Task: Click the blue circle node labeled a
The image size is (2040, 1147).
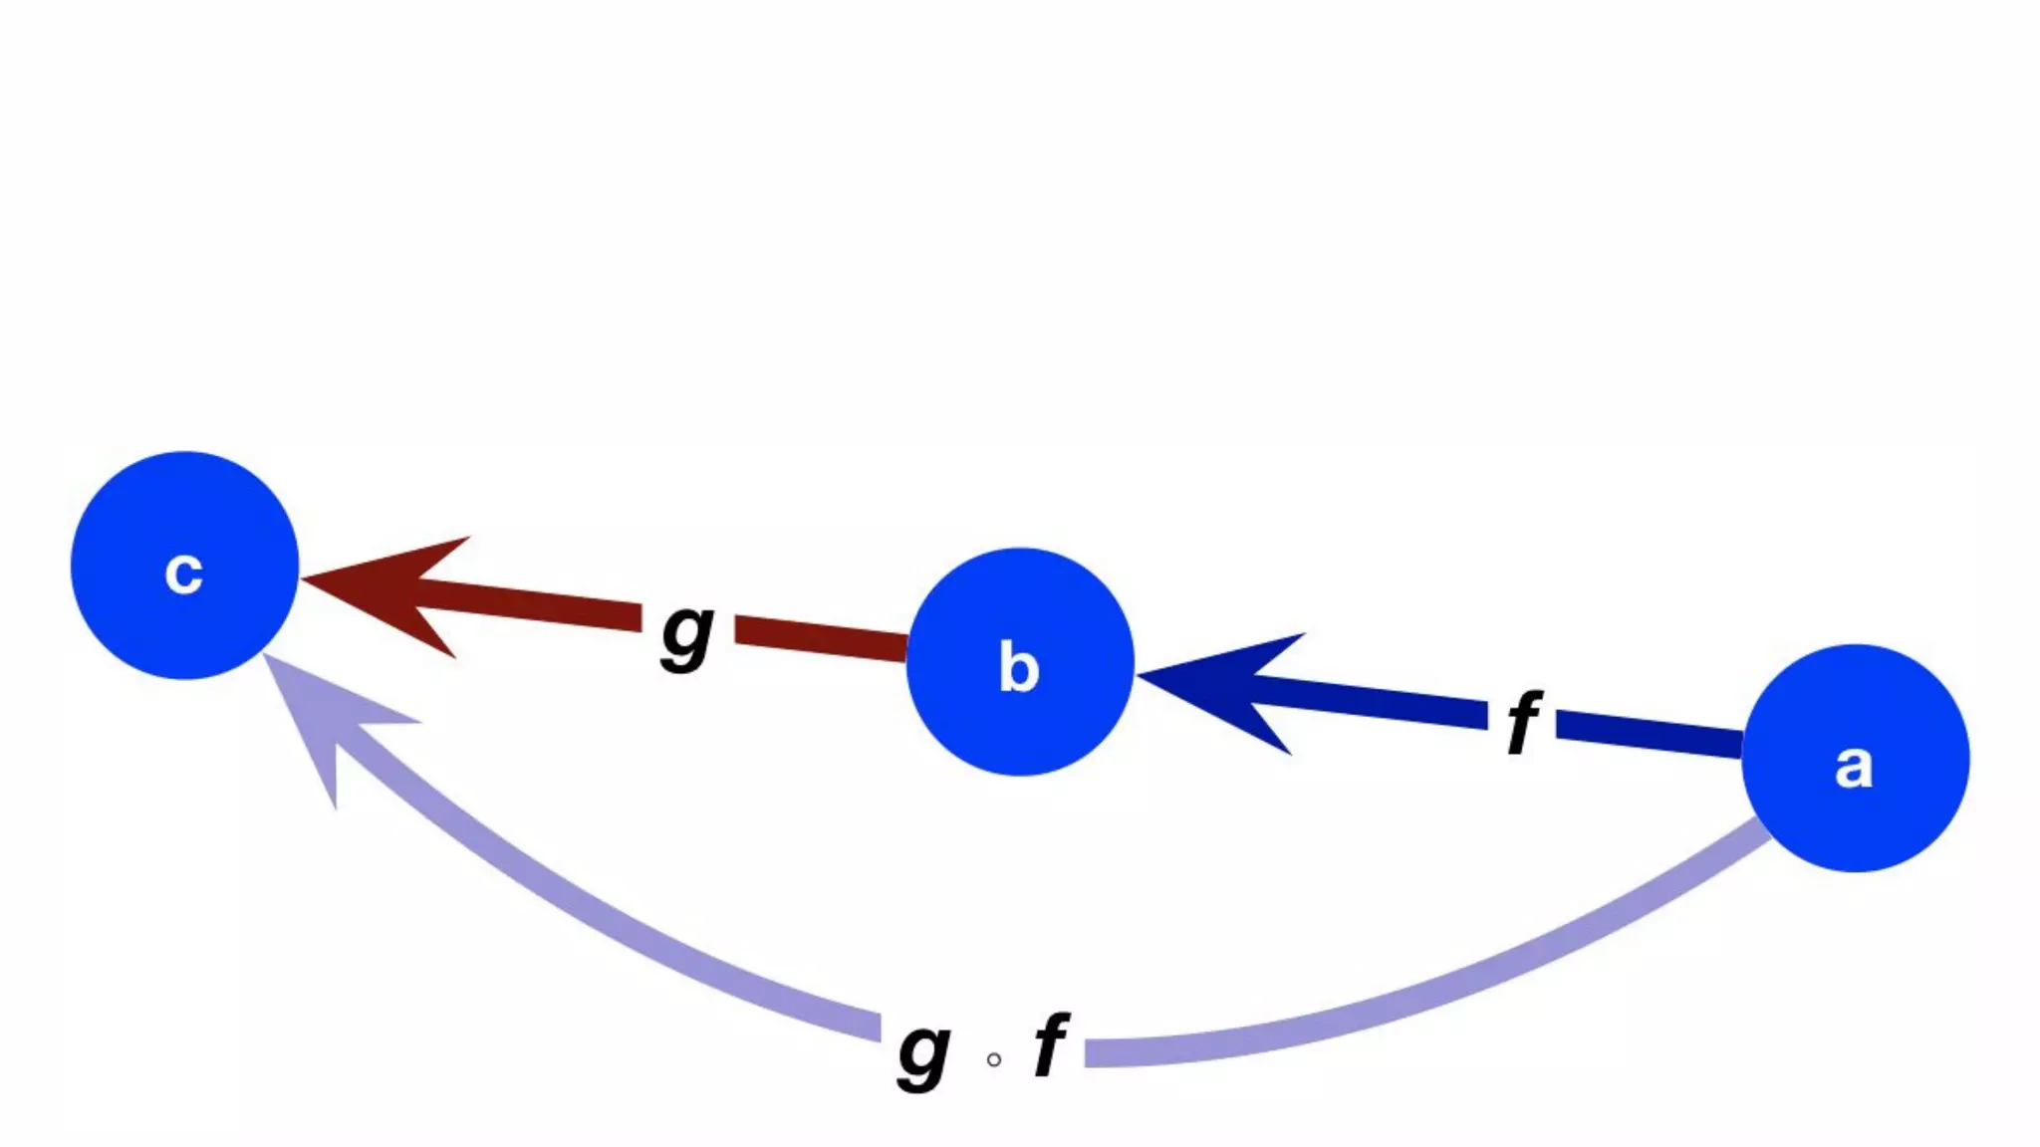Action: pyautogui.click(x=1855, y=758)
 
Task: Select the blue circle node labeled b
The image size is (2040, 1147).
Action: pyautogui.click(x=1020, y=661)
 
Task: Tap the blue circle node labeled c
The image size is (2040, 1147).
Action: pyautogui.click(x=185, y=566)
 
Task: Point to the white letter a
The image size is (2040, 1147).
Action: pyautogui.click(x=1854, y=767)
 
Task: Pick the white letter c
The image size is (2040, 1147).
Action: pyautogui.click(x=184, y=573)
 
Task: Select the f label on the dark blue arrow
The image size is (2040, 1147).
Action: pyautogui.click(x=1523, y=722)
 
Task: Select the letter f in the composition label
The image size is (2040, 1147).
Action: pyautogui.click(x=1051, y=1044)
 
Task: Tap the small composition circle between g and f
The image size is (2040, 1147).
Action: pyautogui.click(x=993, y=1059)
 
